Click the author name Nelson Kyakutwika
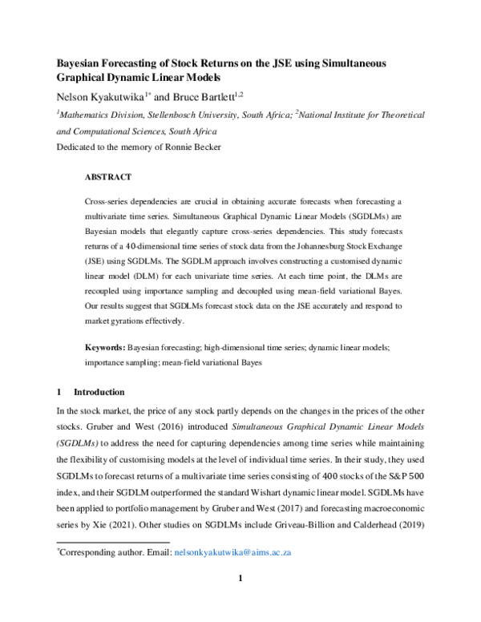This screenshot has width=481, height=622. click(99, 95)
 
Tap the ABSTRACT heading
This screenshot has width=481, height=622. click(108, 176)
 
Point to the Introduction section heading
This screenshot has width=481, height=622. click(99, 392)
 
